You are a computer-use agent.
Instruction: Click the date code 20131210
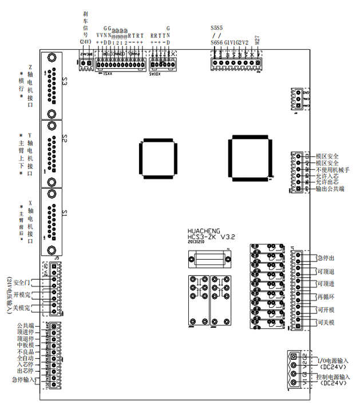pos(196,242)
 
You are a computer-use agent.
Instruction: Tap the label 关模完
pos(22,308)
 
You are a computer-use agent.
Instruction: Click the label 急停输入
pos(22,380)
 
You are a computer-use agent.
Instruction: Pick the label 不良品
pos(25,352)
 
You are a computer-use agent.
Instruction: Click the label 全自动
pos(25,358)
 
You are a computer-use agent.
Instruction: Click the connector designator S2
pos(65,139)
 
